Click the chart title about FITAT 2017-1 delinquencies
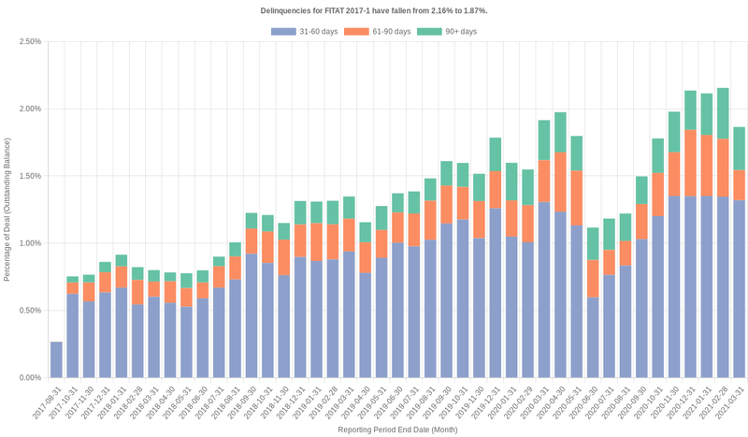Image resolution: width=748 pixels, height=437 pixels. (x=374, y=10)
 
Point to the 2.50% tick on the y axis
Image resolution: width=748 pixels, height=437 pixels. (x=29, y=41)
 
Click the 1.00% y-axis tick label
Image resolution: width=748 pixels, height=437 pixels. (x=29, y=243)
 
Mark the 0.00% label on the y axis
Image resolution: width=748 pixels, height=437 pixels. (x=29, y=378)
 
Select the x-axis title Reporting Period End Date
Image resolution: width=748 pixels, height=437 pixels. (x=397, y=430)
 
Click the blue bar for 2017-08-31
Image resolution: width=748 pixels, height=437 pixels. (x=56, y=360)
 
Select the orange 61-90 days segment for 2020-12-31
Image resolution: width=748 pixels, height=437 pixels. (x=690, y=163)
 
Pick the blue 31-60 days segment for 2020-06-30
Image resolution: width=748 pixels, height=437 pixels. (x=593, y=337)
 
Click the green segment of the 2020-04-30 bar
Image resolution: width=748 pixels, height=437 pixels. (x=560, y=132)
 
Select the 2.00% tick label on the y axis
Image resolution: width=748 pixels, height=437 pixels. (x=29, y=109)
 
